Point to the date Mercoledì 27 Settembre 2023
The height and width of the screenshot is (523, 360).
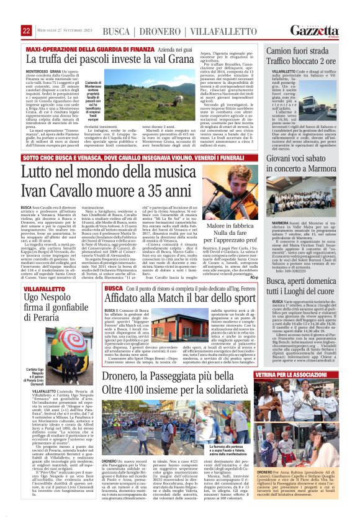[66, 30]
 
